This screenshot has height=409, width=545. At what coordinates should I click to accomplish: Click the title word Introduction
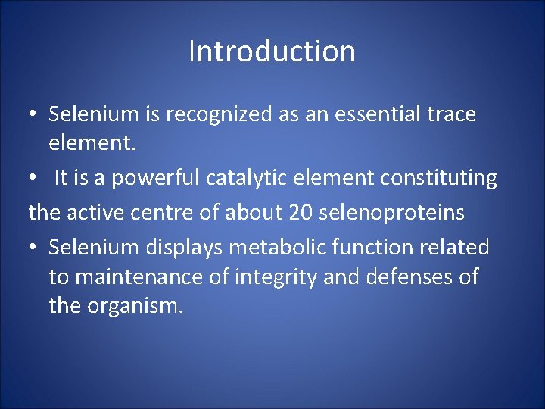coord(272,52)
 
